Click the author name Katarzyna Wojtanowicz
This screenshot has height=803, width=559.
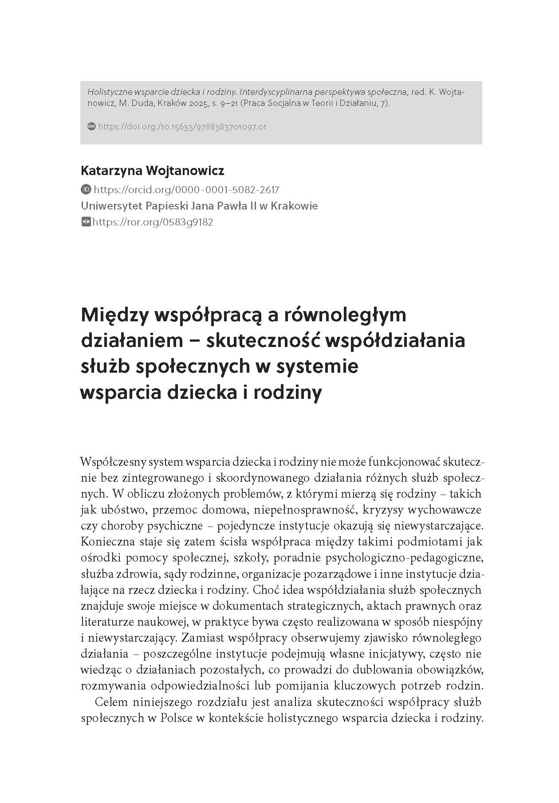coord(152,171)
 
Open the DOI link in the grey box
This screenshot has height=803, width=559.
coord(182,127)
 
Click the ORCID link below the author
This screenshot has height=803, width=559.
coord(187,190)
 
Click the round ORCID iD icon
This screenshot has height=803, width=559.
coord(86,190)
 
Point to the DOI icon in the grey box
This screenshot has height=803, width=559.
coord(92,127)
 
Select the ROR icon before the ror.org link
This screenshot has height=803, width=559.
coord(86,222)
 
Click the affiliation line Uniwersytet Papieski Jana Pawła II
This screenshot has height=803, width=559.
coord(199,206)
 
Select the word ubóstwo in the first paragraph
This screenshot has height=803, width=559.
coord(122,510)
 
